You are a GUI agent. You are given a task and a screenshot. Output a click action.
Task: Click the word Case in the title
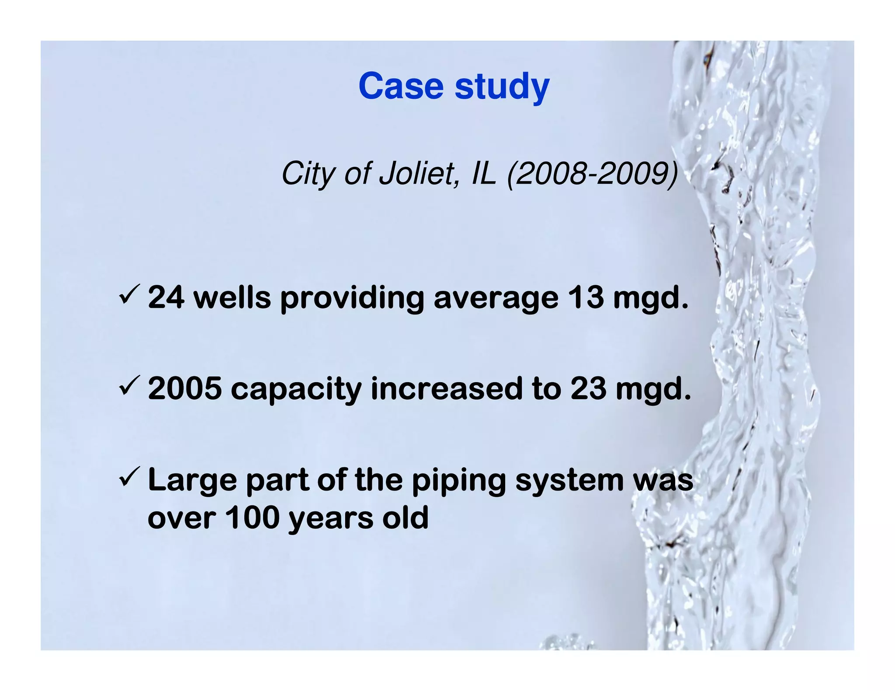coord(401,86)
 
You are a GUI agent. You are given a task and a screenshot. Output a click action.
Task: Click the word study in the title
coord(502,87)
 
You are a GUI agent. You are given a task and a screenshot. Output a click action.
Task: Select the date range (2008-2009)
coord(593,174)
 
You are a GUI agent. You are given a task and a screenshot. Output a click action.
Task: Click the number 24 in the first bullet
coord(166,298)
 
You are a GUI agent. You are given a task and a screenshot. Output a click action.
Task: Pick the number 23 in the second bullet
coord(588,389)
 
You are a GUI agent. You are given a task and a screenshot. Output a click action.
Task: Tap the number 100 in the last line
coord(252,518)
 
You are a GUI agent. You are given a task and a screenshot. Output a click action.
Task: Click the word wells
coord(232,298)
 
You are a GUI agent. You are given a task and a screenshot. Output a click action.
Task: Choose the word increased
coord(446,389)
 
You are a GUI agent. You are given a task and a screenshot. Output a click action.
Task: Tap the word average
coord(496,299)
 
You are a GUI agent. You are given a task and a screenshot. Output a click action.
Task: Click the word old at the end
coord(405,518)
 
